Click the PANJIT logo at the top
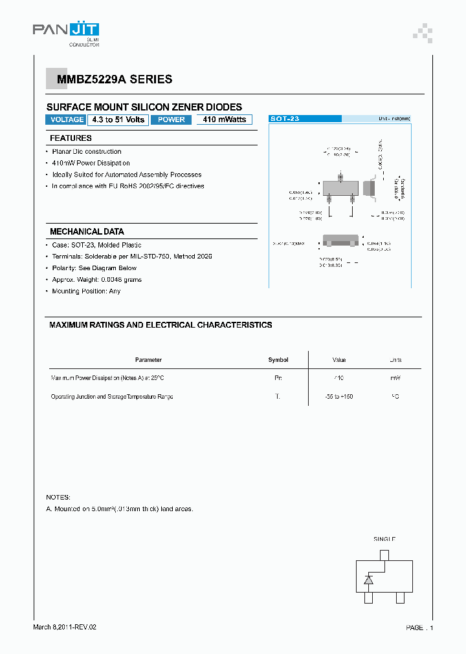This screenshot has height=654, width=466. coord(65,30)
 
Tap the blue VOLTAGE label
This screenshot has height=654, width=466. coord(67,120)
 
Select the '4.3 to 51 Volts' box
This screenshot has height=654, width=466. coord(118,120)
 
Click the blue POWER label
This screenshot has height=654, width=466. coord(172,120)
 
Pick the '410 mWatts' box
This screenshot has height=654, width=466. coord(224,120)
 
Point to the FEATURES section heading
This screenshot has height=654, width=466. coord(71,138)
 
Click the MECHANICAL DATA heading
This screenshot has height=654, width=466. coord(87,231)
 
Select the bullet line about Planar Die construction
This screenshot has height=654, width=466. coord(87,152)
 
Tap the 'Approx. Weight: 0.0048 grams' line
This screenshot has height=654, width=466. coord(97,280)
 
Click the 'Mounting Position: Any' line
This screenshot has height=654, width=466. coord(86,291)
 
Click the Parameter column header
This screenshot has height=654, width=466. coord(148,360)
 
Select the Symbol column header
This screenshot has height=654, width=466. coord(278,360)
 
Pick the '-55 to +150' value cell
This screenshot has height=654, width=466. coord(339,396)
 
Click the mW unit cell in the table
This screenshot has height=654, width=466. coord(395,378)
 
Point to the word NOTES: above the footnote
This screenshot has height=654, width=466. coord(58,497)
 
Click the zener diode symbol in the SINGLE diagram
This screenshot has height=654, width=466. coord(368,580)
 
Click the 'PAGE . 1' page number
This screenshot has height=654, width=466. coord(419,628)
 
